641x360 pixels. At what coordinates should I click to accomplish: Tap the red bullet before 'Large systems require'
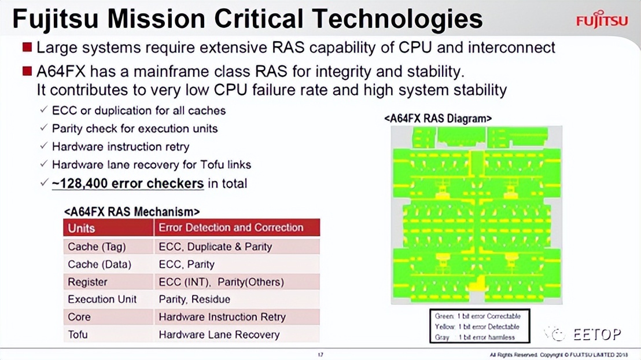tap(27, 46)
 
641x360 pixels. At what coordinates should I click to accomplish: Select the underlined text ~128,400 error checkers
tap(128, 183)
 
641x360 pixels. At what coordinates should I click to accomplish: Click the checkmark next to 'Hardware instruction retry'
tap(44, 146)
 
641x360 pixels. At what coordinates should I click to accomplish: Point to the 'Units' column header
tap(82, 227)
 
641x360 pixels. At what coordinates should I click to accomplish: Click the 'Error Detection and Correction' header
tap(231, 227)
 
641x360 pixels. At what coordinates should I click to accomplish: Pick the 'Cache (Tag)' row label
tap(97, 247)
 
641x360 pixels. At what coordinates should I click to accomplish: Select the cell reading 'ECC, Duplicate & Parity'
tap(215, 247)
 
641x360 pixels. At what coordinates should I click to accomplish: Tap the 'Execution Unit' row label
tap(102, 299)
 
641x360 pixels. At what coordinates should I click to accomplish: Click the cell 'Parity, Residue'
tap(194, 299)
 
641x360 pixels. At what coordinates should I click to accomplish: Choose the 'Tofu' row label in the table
tap(78, 335)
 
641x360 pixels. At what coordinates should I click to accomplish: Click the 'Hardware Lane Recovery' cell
tap(219, 335)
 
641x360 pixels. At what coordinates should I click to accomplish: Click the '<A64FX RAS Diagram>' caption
tap(438, 118)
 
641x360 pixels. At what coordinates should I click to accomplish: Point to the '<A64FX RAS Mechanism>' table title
tap(132, 212)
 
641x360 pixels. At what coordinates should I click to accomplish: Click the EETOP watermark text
tap(597, 334)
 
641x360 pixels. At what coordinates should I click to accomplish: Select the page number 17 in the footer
tap(320, 354)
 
